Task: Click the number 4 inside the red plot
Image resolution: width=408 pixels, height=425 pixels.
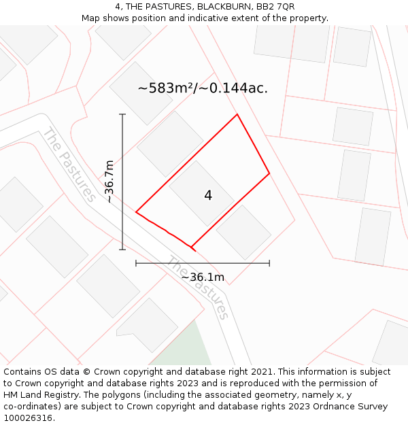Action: (208, 196)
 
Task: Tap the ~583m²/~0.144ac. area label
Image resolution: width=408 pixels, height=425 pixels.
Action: (203, 88)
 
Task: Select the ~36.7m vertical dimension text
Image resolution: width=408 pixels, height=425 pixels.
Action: (110, 182)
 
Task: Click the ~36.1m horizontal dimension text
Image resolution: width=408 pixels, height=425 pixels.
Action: (203, 277)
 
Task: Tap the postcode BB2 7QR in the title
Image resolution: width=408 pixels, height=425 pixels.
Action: (275, 7)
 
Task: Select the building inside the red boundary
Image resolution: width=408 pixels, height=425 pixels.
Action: (201, 193)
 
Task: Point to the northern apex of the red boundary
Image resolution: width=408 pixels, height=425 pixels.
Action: (237, 114)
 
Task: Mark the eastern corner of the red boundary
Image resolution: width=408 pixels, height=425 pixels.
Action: (269, 173)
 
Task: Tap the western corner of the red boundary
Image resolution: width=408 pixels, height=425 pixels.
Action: (136, 212)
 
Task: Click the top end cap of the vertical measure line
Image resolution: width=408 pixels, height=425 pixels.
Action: (122, 114)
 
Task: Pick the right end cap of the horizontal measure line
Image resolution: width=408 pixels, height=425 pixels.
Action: (269, 263)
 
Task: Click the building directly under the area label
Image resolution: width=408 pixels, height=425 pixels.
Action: (170, 143)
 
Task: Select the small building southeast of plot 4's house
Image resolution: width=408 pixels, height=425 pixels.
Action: (243, 232)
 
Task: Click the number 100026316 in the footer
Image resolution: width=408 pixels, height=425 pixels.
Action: (28, 418)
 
